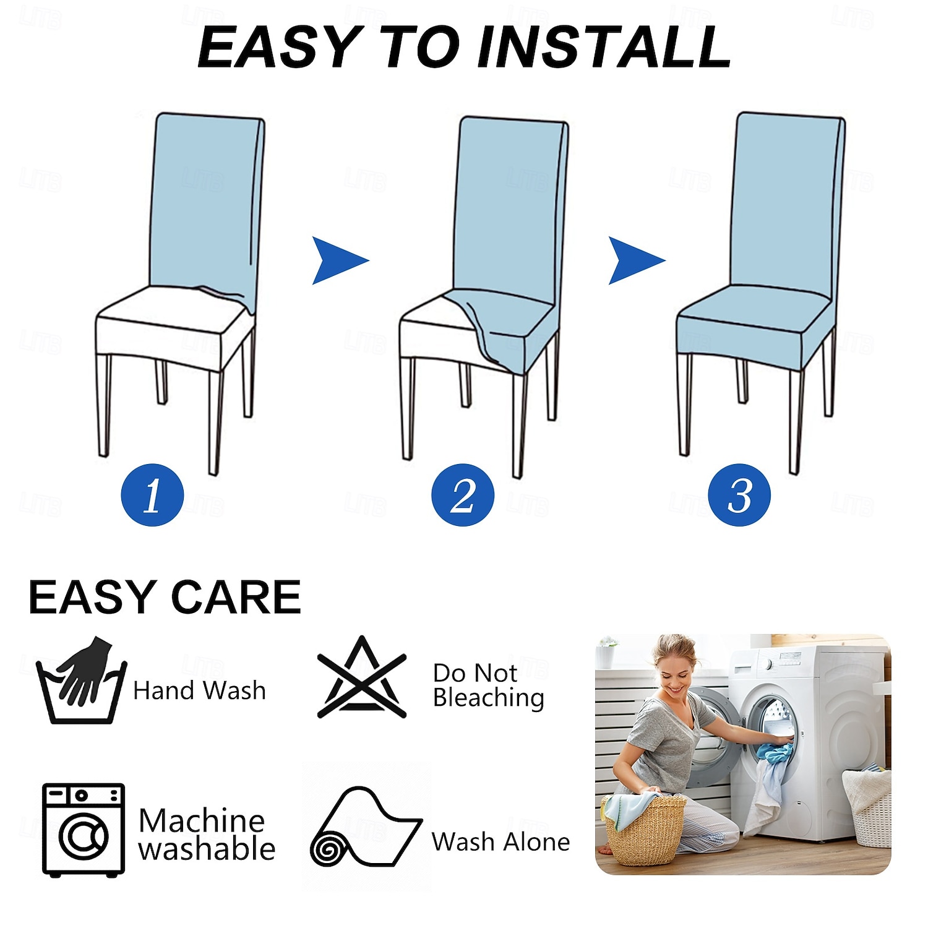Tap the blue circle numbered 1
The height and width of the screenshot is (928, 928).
pos(152,495)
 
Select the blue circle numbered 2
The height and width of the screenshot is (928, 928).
pos(463,495)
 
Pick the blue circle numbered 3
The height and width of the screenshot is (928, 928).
pos(739,495)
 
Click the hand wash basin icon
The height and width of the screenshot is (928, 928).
pos(82,681)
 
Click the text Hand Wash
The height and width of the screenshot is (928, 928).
pos(199,690)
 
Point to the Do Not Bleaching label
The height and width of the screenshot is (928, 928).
pos(488,685)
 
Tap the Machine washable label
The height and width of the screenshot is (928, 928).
pos(207,835)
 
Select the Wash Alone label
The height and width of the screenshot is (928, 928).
pos(501,841)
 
